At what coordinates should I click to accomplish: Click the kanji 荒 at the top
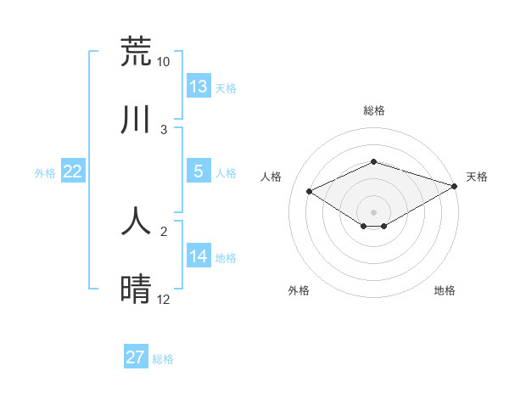coord(136,52)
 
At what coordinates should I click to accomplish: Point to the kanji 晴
coord(136,289)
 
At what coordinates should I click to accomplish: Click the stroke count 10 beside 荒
coord(163,62)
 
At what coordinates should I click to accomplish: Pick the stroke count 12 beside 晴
coord(163,300)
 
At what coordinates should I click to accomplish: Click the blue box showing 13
coord(199,87)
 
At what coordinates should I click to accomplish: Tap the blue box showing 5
coord(199,171)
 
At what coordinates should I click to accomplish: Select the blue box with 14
coord(199,256)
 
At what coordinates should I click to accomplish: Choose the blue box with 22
coord(73,171)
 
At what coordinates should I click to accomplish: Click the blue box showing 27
coord(136,357)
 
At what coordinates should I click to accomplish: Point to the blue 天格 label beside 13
coord(226,88)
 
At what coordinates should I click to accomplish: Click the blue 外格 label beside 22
coord(45,173)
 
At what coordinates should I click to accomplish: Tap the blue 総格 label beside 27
coord(163,359)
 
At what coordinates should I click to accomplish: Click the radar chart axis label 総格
coord(374,110)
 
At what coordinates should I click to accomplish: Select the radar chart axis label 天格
coord(478,177)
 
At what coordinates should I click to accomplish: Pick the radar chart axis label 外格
coord(299,290)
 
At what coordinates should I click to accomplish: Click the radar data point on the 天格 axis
coord(456,185)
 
